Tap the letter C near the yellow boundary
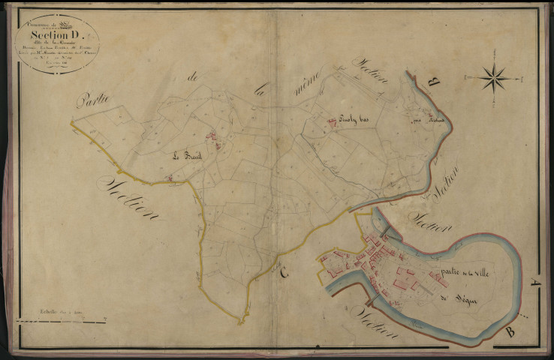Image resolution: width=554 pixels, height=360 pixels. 283,274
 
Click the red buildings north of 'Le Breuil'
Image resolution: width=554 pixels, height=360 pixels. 212,139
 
